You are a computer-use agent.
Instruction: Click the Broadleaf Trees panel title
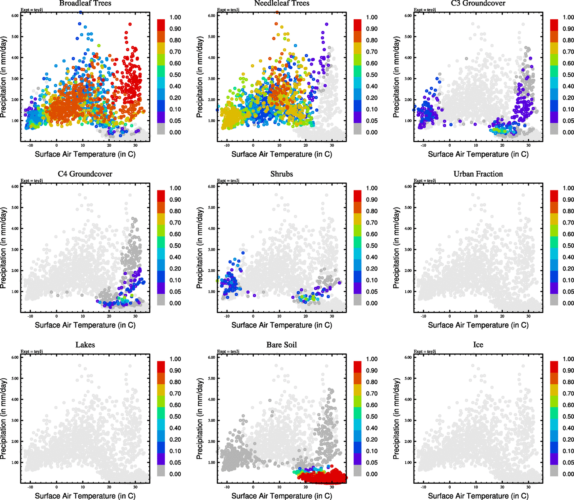tap(85, 3)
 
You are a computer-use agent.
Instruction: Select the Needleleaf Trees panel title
tap(282, 3)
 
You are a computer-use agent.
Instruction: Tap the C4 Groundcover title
tap(85, 174)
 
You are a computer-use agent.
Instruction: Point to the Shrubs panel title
tap(282, 174)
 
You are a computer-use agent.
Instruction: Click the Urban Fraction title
tap(478, 174)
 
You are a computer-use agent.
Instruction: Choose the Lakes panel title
tap(85, 345)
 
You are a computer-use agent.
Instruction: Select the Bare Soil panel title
tap(282, 345)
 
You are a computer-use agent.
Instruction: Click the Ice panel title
tap(478, 345)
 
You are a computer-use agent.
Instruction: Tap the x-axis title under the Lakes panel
tap(85, 496)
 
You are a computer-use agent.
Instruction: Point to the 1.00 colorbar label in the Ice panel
tap(568, 359)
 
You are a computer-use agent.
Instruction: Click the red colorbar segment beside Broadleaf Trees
tap(161, 25)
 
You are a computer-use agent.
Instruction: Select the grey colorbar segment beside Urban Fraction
tap(554, 300)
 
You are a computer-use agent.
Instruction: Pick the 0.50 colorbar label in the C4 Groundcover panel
tap(175, 246)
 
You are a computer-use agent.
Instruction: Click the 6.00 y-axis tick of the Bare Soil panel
tap(211, 357)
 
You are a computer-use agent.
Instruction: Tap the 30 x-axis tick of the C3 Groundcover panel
tap(528, 146)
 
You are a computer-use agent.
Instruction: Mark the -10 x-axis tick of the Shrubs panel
tap(227, 317)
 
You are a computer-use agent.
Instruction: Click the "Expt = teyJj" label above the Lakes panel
tap(32, 352)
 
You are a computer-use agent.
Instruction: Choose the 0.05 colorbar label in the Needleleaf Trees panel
tap(372, 121)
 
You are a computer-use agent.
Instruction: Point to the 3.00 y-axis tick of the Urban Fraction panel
tap(408, 250)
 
